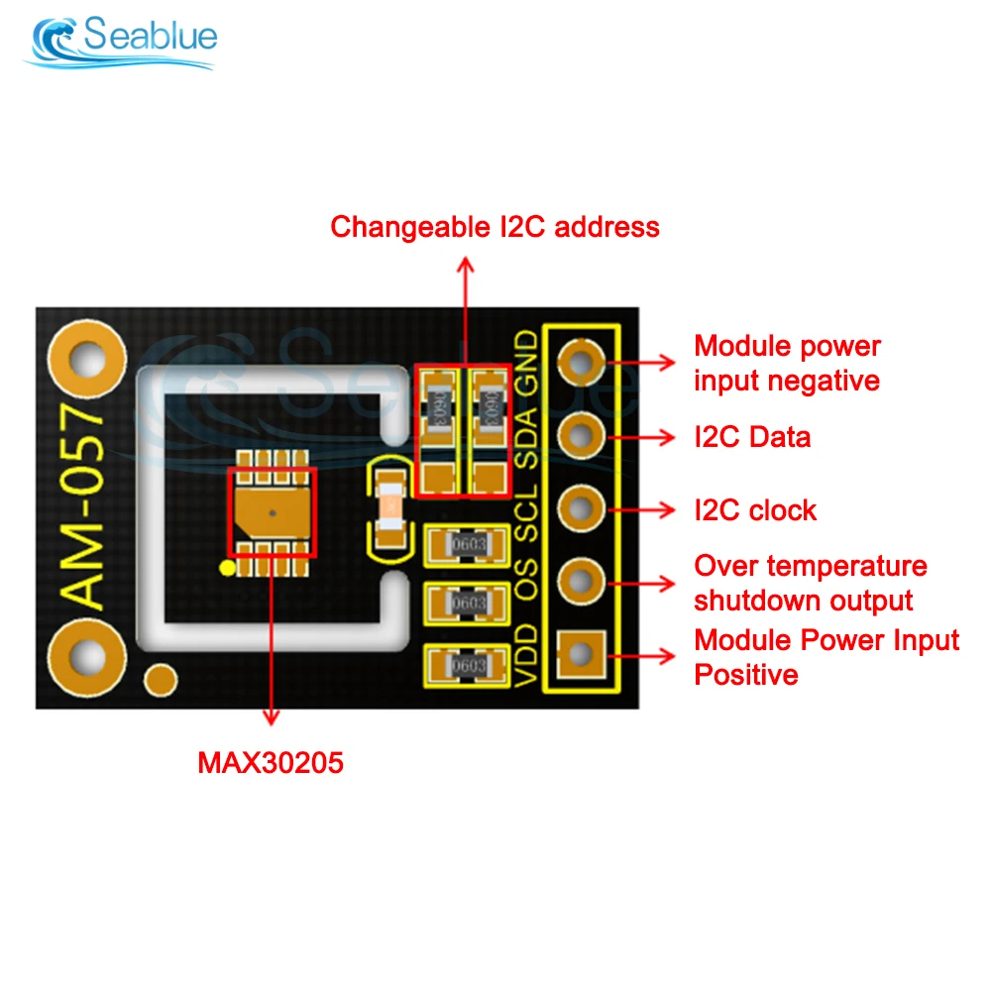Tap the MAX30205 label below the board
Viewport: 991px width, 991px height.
pos(271,763)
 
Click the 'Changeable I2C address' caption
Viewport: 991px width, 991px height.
pos(495,227)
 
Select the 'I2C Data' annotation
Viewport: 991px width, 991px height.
pos(752,436)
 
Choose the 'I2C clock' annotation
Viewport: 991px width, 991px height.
pos(755,510)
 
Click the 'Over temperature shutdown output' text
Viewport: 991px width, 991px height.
pos(810,583)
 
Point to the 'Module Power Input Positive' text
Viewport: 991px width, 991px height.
pos(826,657)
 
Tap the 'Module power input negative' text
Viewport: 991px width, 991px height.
pos(787,363)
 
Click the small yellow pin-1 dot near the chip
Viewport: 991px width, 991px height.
pos(226,567)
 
